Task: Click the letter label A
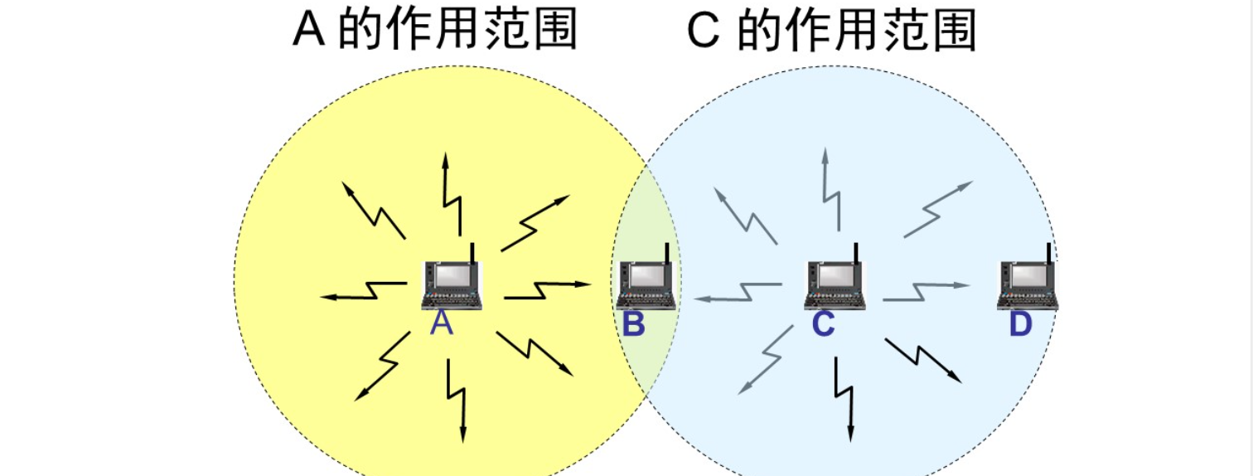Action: click(442, 323)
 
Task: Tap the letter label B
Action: click(633, 325)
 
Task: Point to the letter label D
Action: click(1020, 325)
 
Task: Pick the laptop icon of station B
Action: click(646, 284)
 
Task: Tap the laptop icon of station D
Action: click(1027, 284)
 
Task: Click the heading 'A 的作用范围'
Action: click(435, 32)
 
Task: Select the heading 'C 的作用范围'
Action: click(832, 32)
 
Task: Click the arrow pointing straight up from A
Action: click(452, 195)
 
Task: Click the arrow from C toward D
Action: click(925, 289)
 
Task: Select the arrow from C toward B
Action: click(738, 293)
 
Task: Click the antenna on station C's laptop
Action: click(855, 253)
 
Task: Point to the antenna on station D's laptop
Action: click(1048, 253)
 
